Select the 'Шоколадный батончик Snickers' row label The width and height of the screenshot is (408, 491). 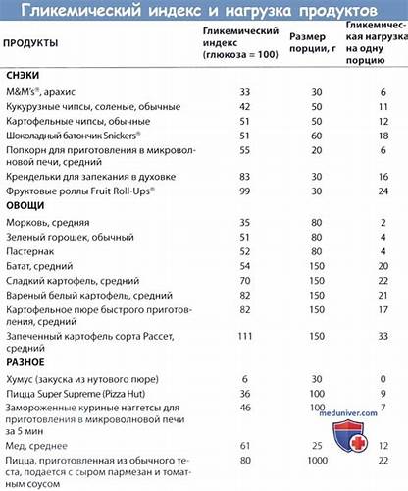point(74,134)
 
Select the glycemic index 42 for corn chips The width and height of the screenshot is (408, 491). point(244,105)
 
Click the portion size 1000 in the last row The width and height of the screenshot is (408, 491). point(317,459)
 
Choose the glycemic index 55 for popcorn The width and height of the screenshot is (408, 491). point(244,148)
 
